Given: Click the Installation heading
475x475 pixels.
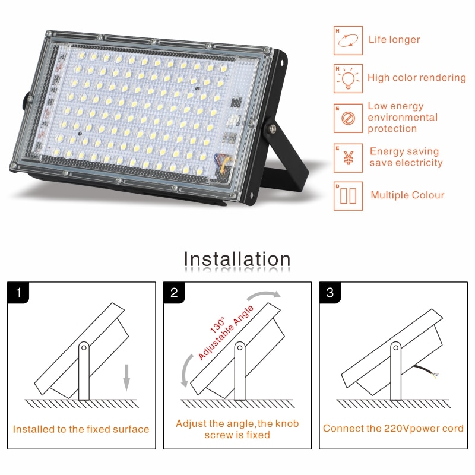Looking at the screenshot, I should [237, 259].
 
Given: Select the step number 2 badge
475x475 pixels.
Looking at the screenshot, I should [175, 293].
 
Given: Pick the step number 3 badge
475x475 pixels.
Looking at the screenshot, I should [331, 293].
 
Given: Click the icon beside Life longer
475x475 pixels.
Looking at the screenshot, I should [347, 40].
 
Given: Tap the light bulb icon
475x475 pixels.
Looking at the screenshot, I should [347, 78].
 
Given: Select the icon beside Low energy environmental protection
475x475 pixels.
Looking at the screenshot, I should [347, 118].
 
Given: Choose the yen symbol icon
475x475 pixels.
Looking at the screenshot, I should [347, 157].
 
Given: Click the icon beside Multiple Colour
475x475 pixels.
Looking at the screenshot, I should [347, 195].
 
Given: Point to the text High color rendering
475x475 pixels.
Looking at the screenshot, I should [416, 78].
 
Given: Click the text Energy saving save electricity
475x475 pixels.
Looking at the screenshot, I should [406, 157].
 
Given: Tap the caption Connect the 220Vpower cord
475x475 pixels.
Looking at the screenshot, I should [393, 429].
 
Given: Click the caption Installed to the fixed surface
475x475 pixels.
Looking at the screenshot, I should [81, 429].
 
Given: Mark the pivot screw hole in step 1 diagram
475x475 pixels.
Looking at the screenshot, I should [84, 347].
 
